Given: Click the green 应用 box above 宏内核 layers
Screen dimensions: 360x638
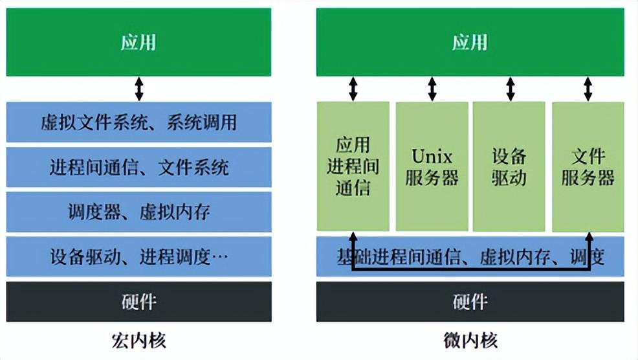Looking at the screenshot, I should click(138, 43).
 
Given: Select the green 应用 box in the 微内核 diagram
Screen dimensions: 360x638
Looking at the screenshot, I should click(470, 43).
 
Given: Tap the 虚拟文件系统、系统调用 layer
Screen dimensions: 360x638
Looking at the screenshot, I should click(138, 122).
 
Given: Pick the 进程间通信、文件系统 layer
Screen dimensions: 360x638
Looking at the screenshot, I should click(138, 168).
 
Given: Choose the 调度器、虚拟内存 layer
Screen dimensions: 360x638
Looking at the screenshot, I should click(138, 212).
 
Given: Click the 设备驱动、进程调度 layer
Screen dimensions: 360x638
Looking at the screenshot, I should click(138, 257).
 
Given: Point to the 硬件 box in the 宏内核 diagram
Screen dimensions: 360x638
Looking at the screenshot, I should click(138, 301).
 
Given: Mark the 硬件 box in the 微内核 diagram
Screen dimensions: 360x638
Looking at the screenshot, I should click(470, 301).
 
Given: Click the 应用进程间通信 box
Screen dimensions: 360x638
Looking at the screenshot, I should click(353, 166).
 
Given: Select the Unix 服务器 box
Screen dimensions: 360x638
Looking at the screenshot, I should click(432, 166).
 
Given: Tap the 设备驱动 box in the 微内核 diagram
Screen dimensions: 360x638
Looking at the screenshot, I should click(509, 166).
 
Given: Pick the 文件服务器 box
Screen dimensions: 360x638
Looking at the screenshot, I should click(588, 166).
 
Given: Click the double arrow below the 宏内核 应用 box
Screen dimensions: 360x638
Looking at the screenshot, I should click(138, 89).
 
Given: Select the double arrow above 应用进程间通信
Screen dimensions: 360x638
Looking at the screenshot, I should click(353, 89).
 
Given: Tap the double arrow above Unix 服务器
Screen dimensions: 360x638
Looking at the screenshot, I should click(432, 89).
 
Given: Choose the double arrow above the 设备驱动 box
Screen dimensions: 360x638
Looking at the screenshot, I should click(510, 89).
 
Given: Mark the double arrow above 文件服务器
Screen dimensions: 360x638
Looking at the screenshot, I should click(588, 89).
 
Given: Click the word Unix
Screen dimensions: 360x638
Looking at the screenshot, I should click(432, 156).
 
